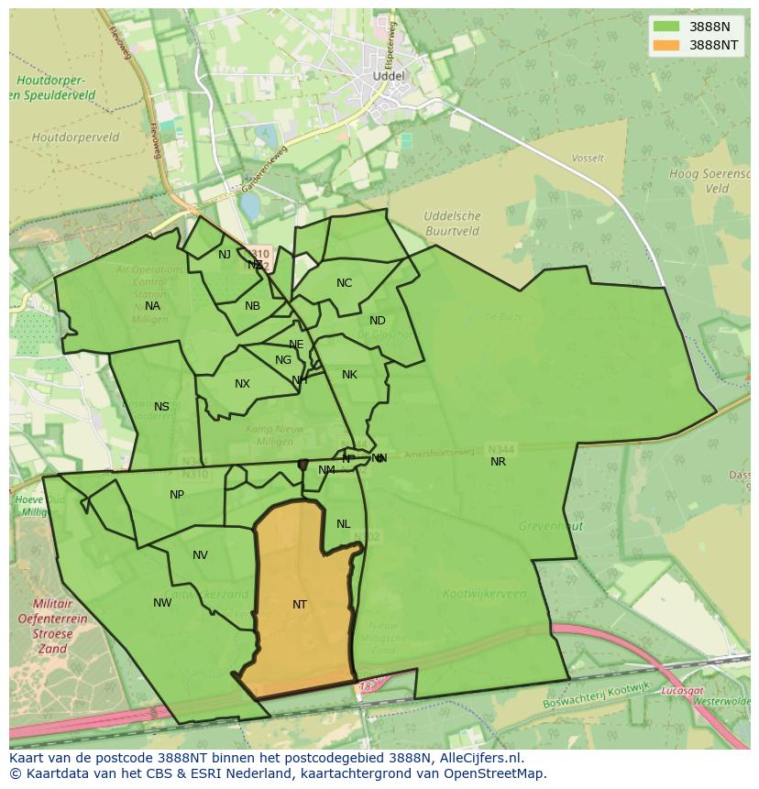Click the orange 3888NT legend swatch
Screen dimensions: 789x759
coord(667,45)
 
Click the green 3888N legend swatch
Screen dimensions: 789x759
coord(667,27)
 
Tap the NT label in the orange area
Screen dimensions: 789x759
coord(300,605)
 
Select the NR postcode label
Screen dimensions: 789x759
coord(498,462)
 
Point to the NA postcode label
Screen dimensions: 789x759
coord(152,306)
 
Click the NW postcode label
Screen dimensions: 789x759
coord(162,603)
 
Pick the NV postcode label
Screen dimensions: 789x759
coord(200,555)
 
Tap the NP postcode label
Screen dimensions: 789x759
coord(177,495)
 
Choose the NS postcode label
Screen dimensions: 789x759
coord(161,407)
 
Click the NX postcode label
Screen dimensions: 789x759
coord(242,384)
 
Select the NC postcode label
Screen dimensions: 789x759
coord(344,283)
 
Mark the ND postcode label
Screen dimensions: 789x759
coord(378,321)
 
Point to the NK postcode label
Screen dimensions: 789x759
coord(349,375)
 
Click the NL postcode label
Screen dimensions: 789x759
coord(343,524)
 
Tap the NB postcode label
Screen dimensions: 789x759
coord(252,306)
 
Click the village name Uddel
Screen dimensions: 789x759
coord(388,76)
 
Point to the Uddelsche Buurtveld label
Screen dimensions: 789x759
coord(452,224)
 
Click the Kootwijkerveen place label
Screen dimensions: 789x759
coord(484,594)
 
